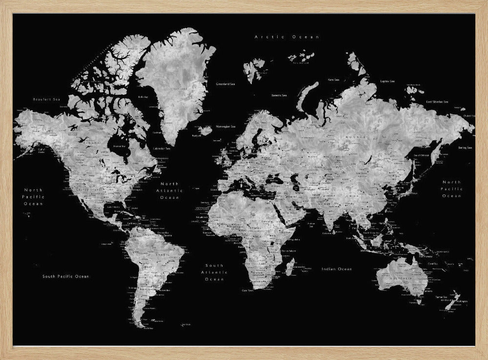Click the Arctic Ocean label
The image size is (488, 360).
click(x=287, y=37)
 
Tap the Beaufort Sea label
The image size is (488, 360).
click(x=45, y=99)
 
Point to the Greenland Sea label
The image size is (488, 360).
click(x=225, y=84)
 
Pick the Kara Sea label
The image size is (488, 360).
click(x=334, y=79)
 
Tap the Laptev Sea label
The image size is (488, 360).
click(x=387, y=81)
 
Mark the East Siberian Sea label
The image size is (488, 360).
click(x=437, y=102)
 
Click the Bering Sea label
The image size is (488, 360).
click(x=466, y=148)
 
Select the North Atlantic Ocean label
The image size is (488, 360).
click(x=170, y=191)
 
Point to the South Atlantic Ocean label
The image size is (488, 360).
click(x=214, y=272)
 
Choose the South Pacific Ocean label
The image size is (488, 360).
click(x=66, y=276)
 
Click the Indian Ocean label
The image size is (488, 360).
click(x=337, y=269)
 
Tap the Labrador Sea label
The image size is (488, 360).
click(x=162, y=148)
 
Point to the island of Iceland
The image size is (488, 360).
click(x=206, y=130)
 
